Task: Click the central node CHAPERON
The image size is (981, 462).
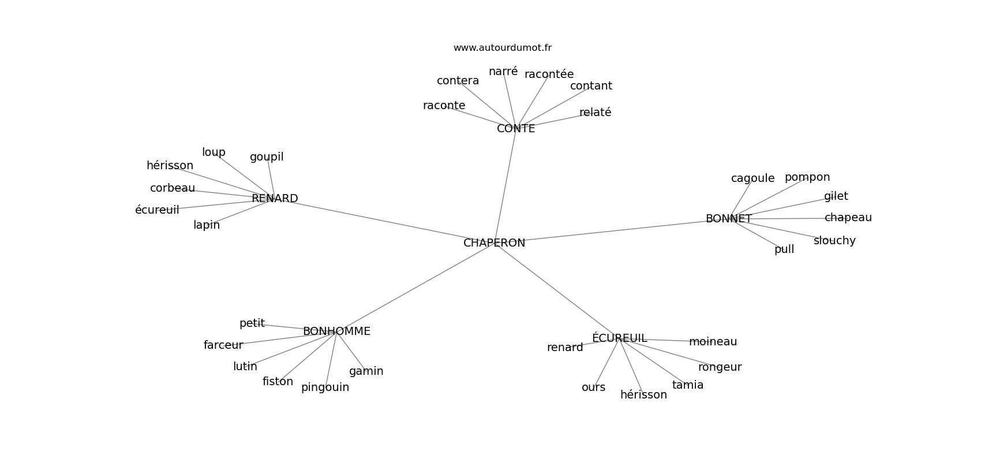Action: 494,243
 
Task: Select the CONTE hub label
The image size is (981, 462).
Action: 516,128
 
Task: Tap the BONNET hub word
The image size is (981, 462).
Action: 729,219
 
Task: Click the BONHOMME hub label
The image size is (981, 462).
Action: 336,331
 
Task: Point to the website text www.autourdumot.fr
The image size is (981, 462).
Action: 502,48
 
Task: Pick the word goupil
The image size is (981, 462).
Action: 267,157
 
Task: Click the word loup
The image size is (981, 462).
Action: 214,152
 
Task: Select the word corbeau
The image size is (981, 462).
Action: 173,188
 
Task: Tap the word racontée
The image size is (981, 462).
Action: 549,74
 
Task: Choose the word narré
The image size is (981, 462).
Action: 503,71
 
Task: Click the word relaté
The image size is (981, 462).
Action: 595,112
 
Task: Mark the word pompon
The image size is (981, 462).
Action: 807,177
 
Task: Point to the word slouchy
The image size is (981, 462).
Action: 834,241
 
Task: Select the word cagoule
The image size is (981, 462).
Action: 752,178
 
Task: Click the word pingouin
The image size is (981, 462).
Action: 325,388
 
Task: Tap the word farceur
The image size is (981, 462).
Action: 223,345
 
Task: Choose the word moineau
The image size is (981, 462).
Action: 713,341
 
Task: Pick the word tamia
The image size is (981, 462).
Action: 688,385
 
